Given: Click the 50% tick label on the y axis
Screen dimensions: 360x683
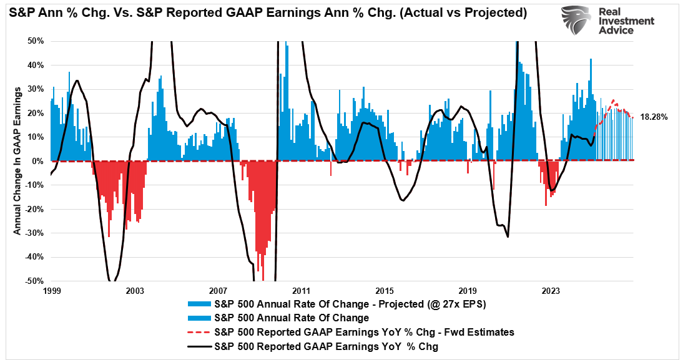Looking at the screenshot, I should tap(35, 41).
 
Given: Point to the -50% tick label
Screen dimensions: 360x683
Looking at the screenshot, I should tap(34, 281).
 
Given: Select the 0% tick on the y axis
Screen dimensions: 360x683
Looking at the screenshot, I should tap(37, 161).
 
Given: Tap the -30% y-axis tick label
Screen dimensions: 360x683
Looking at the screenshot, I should tap(34, 233).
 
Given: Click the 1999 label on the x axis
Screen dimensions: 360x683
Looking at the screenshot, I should tap(51, 291).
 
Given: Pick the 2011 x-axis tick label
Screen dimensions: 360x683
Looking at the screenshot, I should tap(301, 291).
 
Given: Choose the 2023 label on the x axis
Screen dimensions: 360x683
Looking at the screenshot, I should tap(551, 291).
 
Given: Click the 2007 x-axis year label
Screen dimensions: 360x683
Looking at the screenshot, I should tap(218, 291).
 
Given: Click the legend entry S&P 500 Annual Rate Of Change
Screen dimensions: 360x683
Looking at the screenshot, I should tap(291, 318).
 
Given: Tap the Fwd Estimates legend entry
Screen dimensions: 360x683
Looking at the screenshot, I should tap(363, 332).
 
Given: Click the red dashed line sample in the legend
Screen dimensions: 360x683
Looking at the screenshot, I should tap(198, 332).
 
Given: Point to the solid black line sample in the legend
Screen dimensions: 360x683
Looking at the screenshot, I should tap(198, 346).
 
